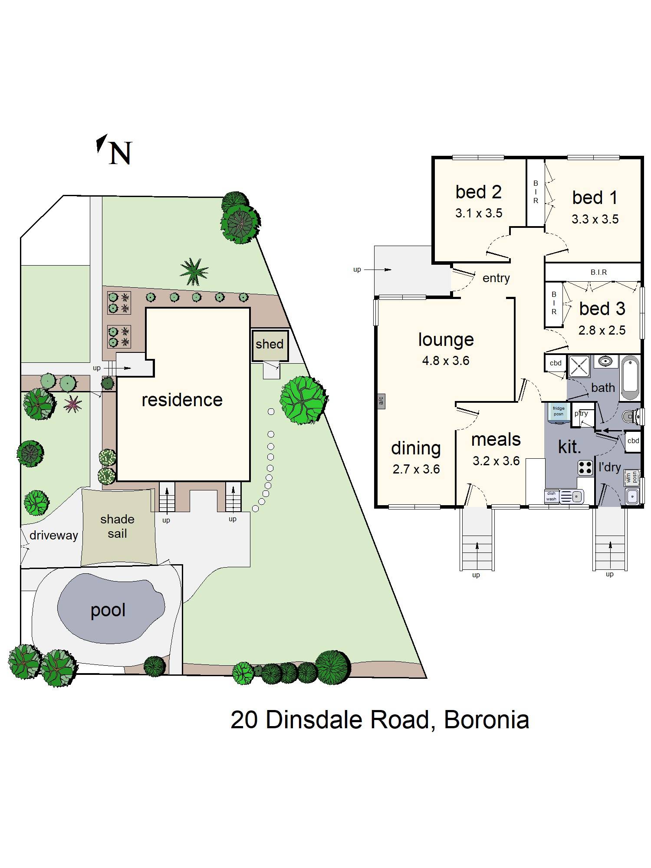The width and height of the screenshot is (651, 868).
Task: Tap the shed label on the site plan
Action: pyautogui.click(x=269, y=344)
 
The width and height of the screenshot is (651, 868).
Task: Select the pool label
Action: pyautogui.click(x=108, y=610)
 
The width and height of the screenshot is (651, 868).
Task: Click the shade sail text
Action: pyautogui.click(x=117, y=526)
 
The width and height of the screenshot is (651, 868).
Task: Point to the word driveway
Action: pyautogui.click(x=54, y=535)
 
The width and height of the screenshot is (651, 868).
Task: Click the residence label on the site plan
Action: pyautogui.click(x=182, y=400)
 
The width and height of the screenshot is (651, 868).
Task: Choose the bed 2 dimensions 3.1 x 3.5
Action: pyautogui.click(x=479, y=213)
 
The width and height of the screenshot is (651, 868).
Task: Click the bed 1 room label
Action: pyautogui.click(x=595, y=197)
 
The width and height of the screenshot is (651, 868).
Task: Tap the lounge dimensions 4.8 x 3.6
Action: pyautogui.click(x=446, y=361)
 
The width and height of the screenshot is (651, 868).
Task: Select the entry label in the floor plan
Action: pyautogui.click(x=496, y=278)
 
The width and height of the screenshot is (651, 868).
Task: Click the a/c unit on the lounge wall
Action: pyautogui.click(x=381, y=401)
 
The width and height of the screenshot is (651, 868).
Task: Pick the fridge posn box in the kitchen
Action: pyautogui.click(x=559, y=411)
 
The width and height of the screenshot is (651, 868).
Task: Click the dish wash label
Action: pyautogui.click(x=551, y=496)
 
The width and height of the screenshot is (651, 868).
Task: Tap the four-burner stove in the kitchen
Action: pyautogui.click(x=585, y=467)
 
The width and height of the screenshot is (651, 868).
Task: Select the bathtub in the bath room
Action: pyautogui.click(x=630, y=378)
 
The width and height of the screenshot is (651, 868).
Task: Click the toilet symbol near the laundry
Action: pyautogui.click(x=631, y=417)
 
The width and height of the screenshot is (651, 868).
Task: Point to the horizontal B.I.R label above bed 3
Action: pyautogui.click(x=598, y=272)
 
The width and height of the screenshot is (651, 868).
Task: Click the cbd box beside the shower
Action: pyautogui.click(x=556, y=363)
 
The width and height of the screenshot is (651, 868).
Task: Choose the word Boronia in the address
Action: pyautogui.click(x=486, y=720)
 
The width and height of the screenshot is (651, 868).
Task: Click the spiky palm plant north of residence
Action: pyautogui.click(x=194, y=272)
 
